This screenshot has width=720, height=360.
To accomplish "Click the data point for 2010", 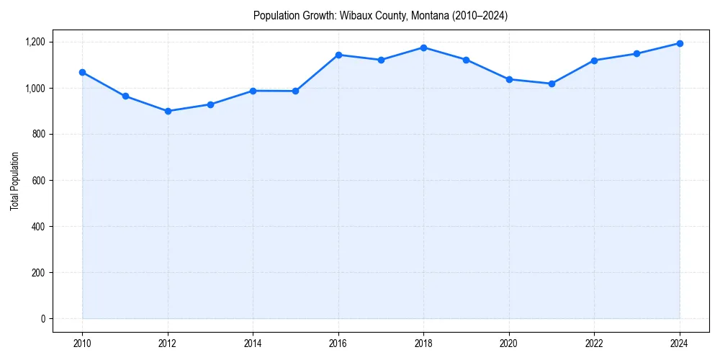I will (x=83, y=72).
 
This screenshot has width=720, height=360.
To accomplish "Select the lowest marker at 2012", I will (x=168, y=111).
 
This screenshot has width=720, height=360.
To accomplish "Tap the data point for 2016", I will (x=338, y=55).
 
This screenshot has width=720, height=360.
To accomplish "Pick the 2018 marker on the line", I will (x=423, y=48).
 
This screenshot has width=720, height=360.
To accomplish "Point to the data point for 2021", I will (x=552, y=84).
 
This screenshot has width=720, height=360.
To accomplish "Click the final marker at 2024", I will (x=680, y=43).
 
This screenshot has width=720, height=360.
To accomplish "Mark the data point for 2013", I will (x=210, y=104).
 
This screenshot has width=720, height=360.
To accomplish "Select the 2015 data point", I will (x=296, y=91).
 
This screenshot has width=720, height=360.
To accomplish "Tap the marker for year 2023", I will (x=636, y=53).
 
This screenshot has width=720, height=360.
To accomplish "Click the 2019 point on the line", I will (x=466, y=60).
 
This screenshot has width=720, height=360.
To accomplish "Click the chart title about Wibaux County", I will (x=380, y=16).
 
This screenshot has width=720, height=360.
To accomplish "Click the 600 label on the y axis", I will (x=37, y=180).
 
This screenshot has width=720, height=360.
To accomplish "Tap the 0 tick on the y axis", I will (x=42, y=318).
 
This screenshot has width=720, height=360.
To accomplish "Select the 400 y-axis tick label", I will (x=37, y=226).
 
